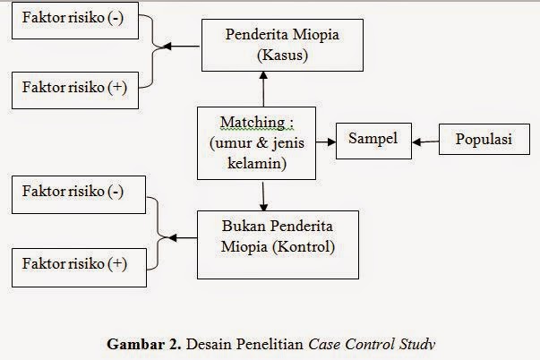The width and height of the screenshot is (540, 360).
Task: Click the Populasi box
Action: tap(484, 140)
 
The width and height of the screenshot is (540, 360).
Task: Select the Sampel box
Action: tap(373, 140)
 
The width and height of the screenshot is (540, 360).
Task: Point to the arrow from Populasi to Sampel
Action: tap(424, 141)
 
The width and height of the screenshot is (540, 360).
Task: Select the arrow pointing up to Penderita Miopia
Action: tap(264, 90)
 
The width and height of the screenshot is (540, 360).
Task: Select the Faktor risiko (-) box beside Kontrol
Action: tap(73, 193)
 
